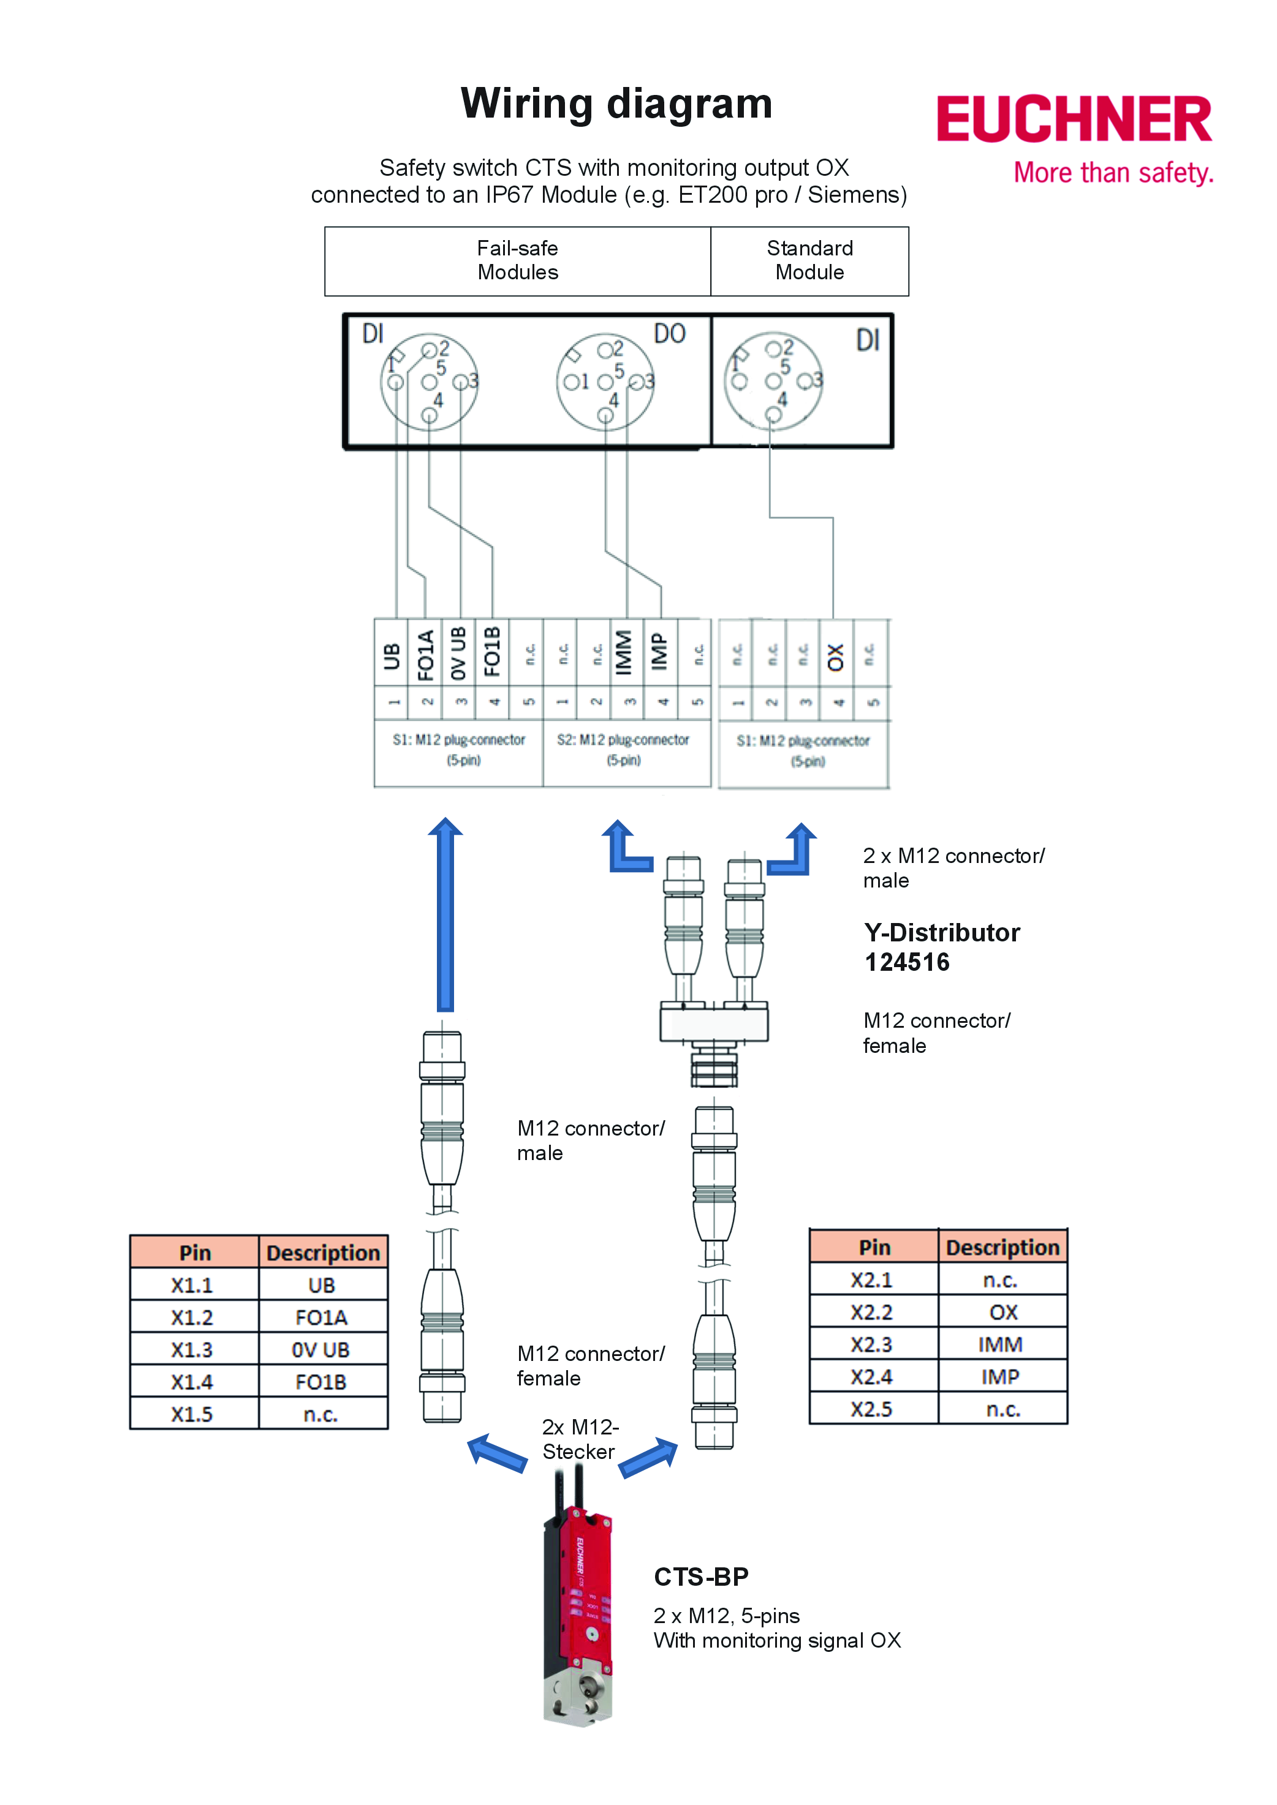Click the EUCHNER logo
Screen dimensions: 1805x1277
[x=1074, y=119]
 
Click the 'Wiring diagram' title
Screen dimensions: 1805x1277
[x=616, y=104]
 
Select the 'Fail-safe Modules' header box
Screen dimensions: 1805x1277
[x=517, y=261]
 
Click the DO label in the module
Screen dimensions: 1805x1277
[x=669, y=333]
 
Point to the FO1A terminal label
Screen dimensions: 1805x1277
[x=425, y=654]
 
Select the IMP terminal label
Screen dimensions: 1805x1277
[x=660, y=652]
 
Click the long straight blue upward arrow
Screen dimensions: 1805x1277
[x=445, y=916]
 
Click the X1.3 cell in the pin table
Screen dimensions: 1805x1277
[x=192, y=1349]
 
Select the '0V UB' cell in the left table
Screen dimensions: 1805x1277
[x=321, y=1349]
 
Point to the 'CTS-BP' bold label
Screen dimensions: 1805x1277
[x=700, y=1576]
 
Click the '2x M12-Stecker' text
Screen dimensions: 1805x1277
[x=580, y=1439]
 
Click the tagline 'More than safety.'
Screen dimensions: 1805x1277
[x=1113, y=172]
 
